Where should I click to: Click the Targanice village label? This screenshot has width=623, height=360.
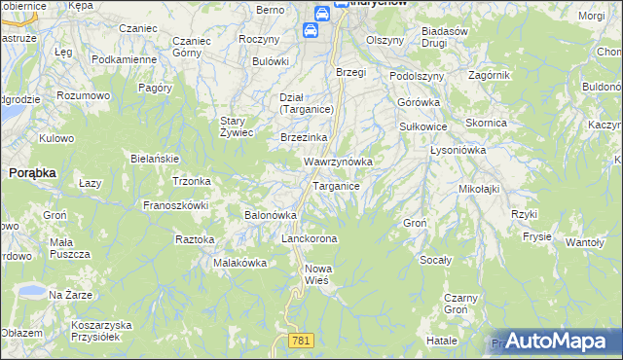click(x=337, y=186)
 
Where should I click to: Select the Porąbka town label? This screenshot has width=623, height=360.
click(x=32, y=171)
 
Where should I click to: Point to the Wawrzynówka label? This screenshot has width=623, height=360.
click(x=339, y=161)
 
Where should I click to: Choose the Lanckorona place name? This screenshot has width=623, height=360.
click(x=309, y=238)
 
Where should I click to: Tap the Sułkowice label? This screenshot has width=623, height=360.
click(x=423, y=126)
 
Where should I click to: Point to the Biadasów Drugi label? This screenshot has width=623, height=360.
click(x=449, y=37)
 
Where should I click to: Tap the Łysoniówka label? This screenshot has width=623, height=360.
click(x=458, y=150)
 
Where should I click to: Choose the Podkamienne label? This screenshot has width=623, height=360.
click(x=124, y=59)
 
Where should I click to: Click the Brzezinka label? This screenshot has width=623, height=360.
click(x=303, y=137)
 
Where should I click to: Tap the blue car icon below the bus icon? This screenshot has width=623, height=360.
click(x=311, y=30)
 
